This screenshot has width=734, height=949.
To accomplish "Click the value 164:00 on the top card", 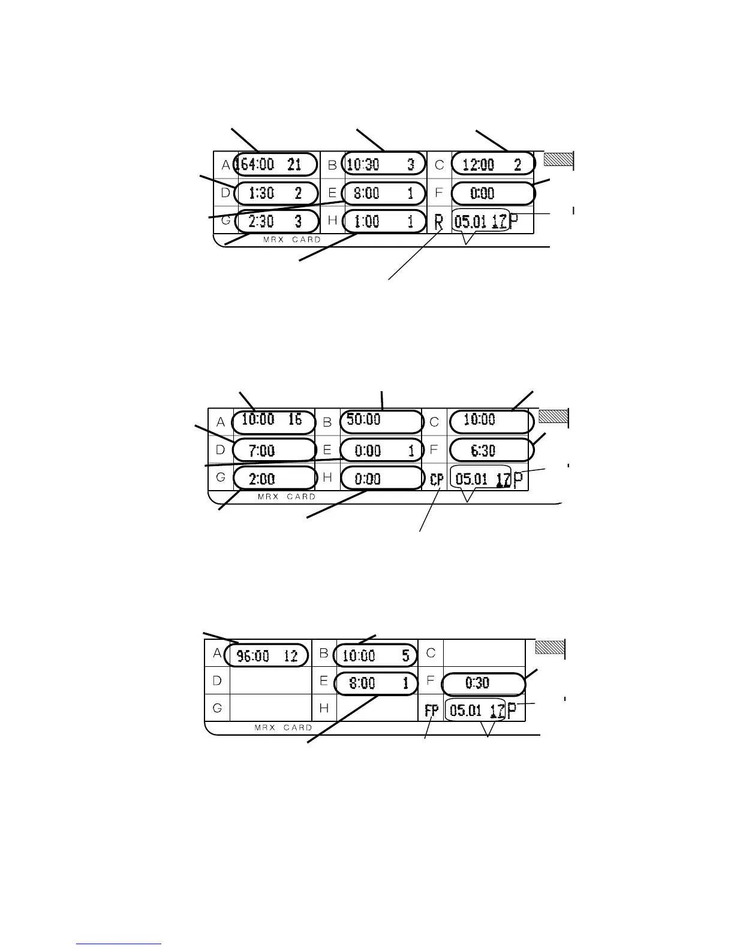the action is point(257,164).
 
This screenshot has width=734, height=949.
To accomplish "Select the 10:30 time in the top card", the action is point(363,164).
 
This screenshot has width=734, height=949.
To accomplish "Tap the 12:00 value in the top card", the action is point(478,164).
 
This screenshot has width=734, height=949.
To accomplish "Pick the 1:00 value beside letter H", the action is point(366,222).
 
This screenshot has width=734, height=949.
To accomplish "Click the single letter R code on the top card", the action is point(439,222).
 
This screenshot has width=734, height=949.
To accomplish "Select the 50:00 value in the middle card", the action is point(364,419).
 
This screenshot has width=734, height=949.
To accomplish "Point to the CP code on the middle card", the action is point(437,479).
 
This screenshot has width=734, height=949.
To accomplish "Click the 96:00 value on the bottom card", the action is point(253,656).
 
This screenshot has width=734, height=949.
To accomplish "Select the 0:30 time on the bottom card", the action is point(477,683).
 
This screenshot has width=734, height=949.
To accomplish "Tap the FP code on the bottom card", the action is point(432,711).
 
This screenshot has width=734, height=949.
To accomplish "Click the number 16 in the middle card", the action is point(295,419).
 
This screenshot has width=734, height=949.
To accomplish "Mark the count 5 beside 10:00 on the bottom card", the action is point(406,656).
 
